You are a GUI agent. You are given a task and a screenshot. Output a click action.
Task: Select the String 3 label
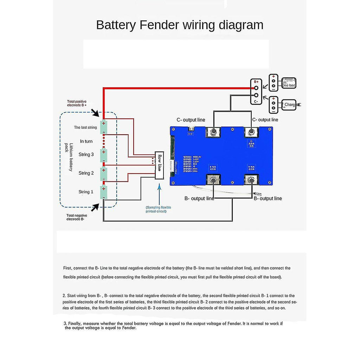tap(86, 154)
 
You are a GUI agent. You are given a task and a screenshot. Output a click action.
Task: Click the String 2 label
tap(86, 173)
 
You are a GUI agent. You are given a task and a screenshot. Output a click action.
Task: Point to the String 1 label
tap(86, 192)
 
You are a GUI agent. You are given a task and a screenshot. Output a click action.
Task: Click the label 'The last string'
tap(85, 128)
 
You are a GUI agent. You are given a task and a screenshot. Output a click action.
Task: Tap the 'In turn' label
tap(86, 141)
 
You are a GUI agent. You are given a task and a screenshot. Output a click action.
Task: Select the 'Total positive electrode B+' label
tap(77, 103)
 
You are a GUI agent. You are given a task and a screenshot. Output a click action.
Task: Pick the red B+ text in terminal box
tap(257, 82)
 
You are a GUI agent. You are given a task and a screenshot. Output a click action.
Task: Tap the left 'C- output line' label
tap(191, 120)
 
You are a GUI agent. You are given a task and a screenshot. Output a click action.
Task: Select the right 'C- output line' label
tap(265, 120)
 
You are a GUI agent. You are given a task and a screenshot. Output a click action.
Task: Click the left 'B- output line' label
tap(199, 199)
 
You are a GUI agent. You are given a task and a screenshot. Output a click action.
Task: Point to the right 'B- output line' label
tap(268, 199)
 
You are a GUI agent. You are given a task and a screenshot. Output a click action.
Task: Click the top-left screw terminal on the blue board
tap(213, 133)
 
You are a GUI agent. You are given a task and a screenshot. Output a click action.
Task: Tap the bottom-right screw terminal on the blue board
tap(252, 181)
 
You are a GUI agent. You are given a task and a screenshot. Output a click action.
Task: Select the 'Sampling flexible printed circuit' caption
tap(158, 210)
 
